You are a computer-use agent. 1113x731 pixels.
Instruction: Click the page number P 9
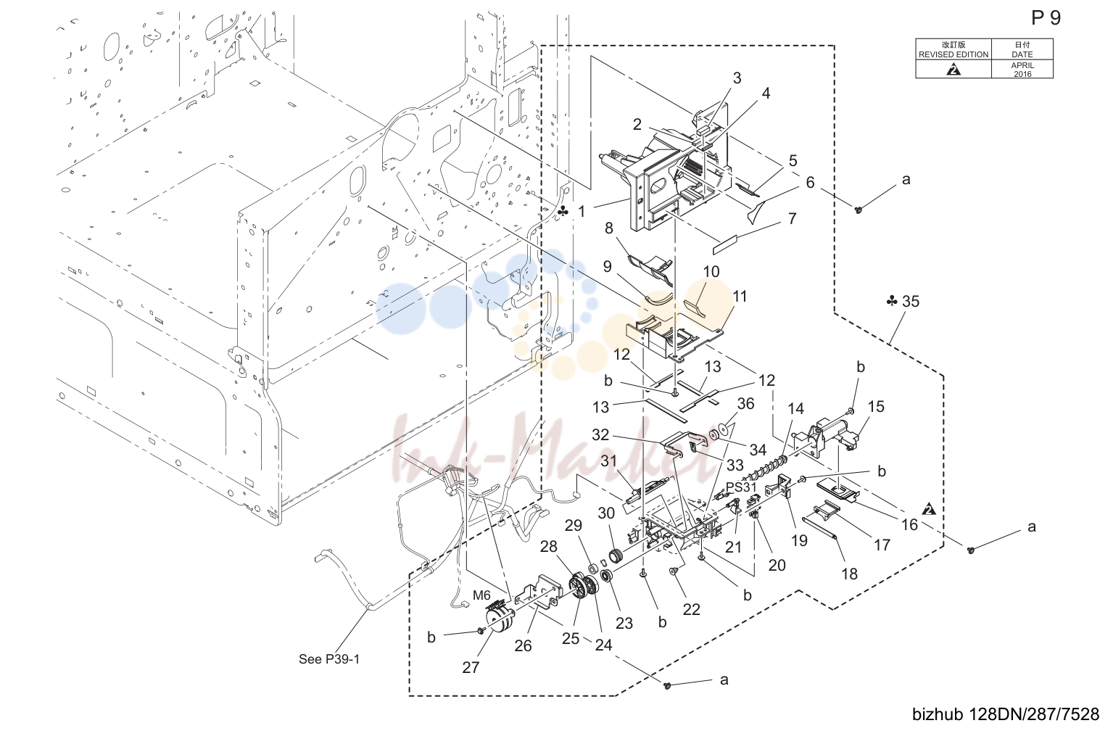click(x=1046, y=18)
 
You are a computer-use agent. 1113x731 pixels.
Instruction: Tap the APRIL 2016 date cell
click(x=1022, y=69)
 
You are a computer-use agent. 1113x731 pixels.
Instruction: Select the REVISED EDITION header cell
click(x=953, y=49)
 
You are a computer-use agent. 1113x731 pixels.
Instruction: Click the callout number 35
click(x=911, y=301)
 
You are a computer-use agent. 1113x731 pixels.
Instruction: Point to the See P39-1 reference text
click(x=329, y=659)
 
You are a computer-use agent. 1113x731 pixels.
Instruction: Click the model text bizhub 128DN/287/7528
click(x=1006, y=714)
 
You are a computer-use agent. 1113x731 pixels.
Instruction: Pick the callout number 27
click(x=471, y=667)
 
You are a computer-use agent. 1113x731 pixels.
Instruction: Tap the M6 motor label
click(x=481, y=595)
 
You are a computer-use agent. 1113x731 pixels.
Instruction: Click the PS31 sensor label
click(x=741, y=487)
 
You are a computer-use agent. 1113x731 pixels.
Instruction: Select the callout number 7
click(x=792, y=218)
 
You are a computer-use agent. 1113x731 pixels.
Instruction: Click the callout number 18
click(x=849, y=574)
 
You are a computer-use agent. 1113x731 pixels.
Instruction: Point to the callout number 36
click(x=745, y=403)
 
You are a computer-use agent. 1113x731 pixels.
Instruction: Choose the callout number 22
click(x=691, y=609)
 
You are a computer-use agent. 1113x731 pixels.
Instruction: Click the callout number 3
click(x=737, y=78)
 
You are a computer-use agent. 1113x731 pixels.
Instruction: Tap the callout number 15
click(x=875, y=407)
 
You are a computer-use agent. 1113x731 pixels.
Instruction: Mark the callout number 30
click(x=606, y=513)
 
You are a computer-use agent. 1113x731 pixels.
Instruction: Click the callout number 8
click(x=608, y=228)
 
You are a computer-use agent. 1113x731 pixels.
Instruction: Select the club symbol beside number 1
click(x=563, y=212)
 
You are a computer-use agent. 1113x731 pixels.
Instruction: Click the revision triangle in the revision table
click(x=953, y=70)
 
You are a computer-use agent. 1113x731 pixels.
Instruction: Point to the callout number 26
click(x=523, y=645)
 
